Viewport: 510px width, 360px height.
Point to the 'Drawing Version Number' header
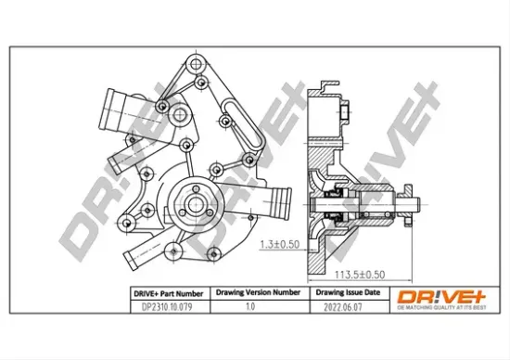click(x=258, y=291)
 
